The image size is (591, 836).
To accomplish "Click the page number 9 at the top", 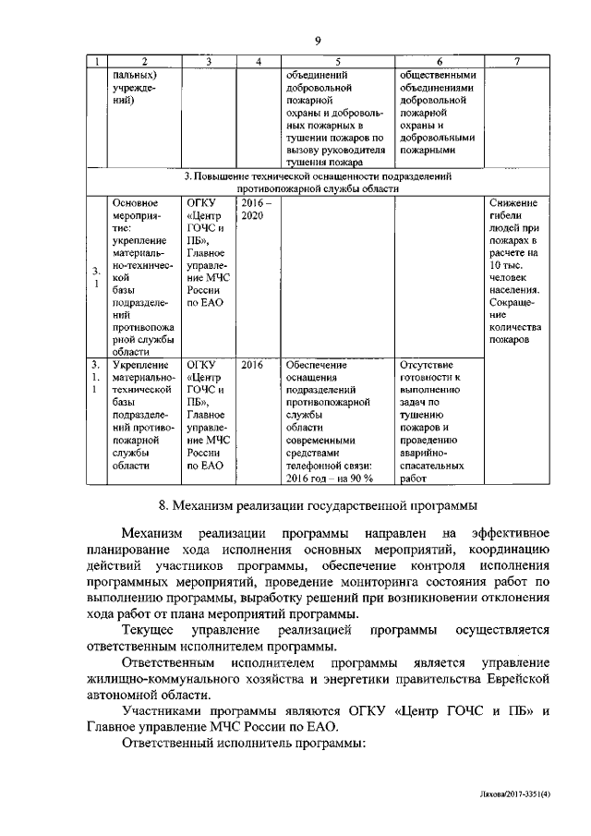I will (x=317, y=40).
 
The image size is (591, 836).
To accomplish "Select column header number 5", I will (x=338, y=62).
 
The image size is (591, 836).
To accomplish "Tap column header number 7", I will (x=516, y=62).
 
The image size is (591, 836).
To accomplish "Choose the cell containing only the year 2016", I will (x=252, y=365).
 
